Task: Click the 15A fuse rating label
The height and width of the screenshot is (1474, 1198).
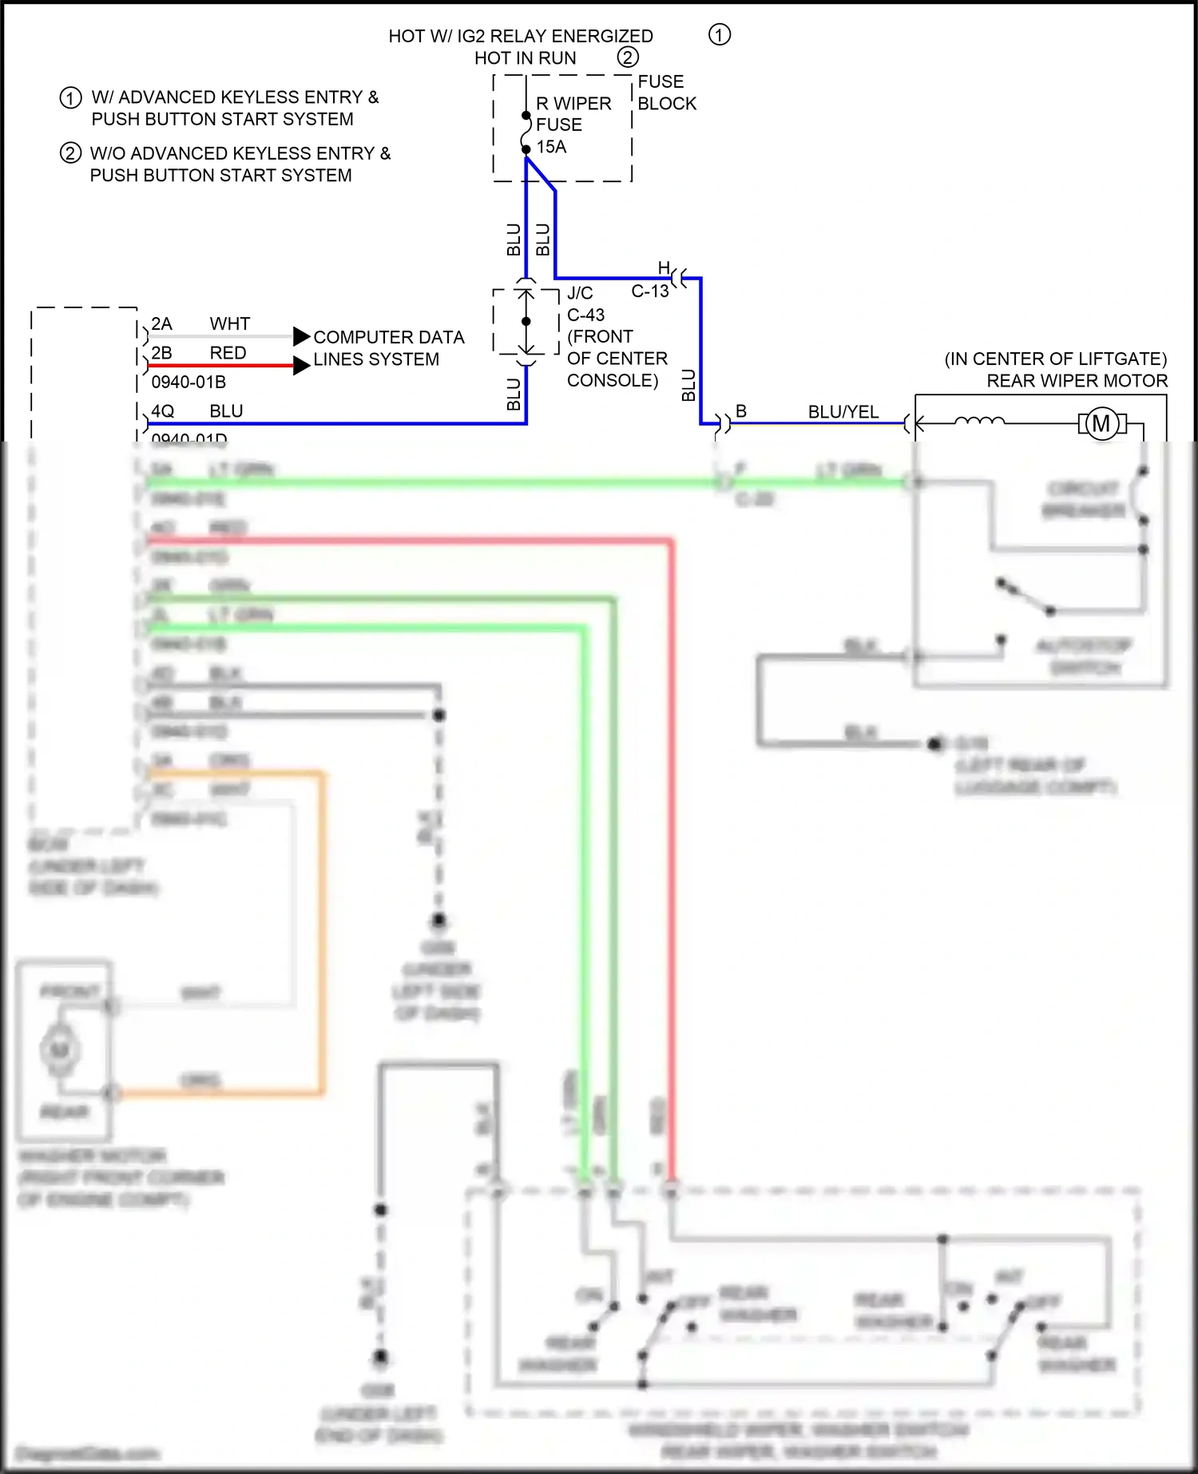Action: click(x=551, y=147)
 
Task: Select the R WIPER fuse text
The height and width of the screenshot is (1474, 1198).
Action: click(x=573, y=104)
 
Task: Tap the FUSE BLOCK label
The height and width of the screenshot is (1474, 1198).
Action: click(x=666, y=93)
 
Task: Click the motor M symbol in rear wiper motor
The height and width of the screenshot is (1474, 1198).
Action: click(x=1101, y=423)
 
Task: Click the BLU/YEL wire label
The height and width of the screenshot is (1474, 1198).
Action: click(x=843, y=412)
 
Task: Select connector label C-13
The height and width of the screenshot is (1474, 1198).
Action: click(x=649, y=291)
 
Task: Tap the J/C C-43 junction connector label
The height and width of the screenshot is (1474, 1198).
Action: click(x=585, y=304)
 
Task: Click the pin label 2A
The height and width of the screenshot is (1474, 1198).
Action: click(x=161, y=324)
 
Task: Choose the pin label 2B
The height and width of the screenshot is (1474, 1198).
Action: click(x=161, y=353)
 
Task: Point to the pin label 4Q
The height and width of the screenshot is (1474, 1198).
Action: click(x=162, y=411)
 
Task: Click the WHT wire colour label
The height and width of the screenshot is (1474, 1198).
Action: click(x=230, y=324)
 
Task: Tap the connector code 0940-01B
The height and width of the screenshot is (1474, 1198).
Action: click(x=188, y=382)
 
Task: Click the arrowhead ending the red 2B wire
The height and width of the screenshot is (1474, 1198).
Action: click(x=301, y=366)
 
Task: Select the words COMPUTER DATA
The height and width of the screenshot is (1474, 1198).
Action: click(x=388, y=338)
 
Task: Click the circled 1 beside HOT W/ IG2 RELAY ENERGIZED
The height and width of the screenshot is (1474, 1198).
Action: click(x=719, y=35)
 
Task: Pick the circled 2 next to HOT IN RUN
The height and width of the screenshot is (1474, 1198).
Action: click(x=628, y=57)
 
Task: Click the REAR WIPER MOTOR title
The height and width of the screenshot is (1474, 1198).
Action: click(x=1077, y=381)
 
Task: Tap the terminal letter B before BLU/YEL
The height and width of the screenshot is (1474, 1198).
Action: click(x=741, y=411)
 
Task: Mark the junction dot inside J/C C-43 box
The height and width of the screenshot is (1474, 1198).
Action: click(x=526, y=321)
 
